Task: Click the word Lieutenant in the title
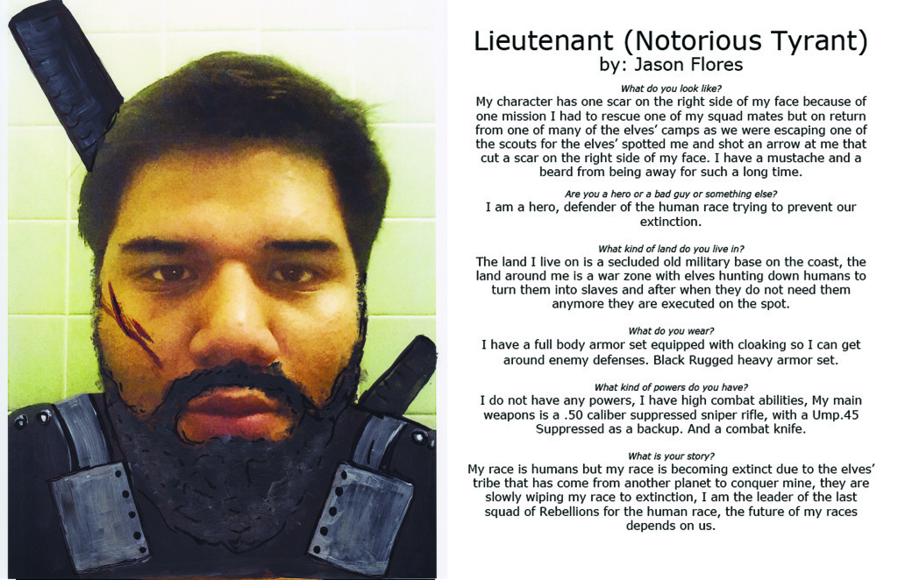tap(533, 40)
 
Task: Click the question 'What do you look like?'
tap(672, 88)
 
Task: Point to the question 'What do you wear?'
tap(672, 331)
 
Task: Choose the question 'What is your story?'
tap(672, 456)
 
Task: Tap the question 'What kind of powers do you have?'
tap(672, 387)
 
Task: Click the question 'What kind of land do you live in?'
tap(672, 249)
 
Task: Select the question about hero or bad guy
tap(672, 194)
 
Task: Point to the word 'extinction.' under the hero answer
tap(672, 223)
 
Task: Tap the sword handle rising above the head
tap(66, 79)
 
